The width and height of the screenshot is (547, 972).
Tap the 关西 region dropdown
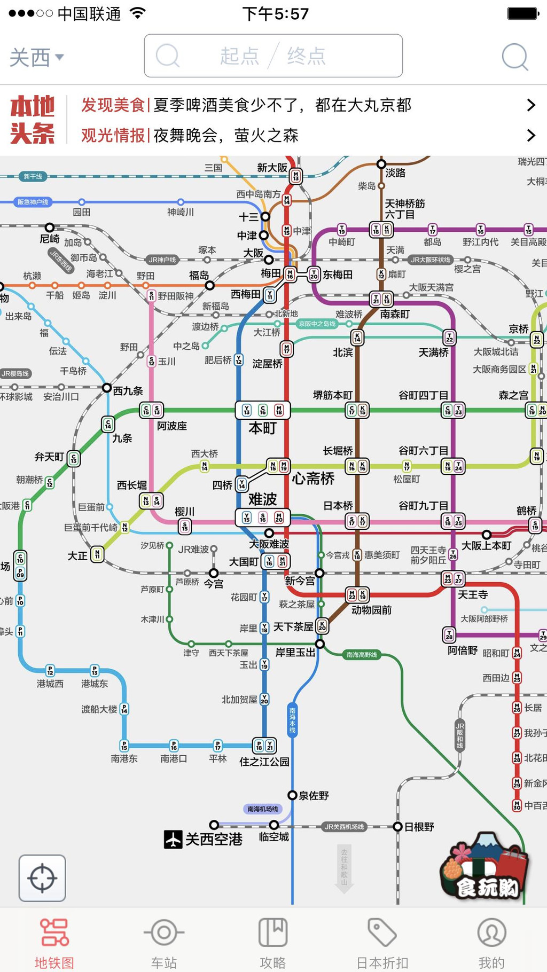tap(36, 57)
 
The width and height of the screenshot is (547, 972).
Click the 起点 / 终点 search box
tap(273, 56)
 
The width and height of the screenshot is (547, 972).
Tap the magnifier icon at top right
tap(515, 57)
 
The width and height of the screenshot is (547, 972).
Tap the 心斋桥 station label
tap(313, 479)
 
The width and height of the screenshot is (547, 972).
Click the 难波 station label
tap(262, 499)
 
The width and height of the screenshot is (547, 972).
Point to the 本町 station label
tap(262, 428)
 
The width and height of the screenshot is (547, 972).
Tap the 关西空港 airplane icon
tap(173, 840)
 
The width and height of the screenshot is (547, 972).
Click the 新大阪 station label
tap(272, 168)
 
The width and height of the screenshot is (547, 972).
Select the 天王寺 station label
tap(473, 594)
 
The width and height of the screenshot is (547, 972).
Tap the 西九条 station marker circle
tap(107, 388)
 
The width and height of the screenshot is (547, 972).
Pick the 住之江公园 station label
tap(264, 762)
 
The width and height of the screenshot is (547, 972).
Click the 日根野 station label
tap(419, 827)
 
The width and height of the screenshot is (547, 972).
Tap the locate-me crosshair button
tap(42, 878)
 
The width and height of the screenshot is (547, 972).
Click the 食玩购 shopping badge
tap(485, 868)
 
